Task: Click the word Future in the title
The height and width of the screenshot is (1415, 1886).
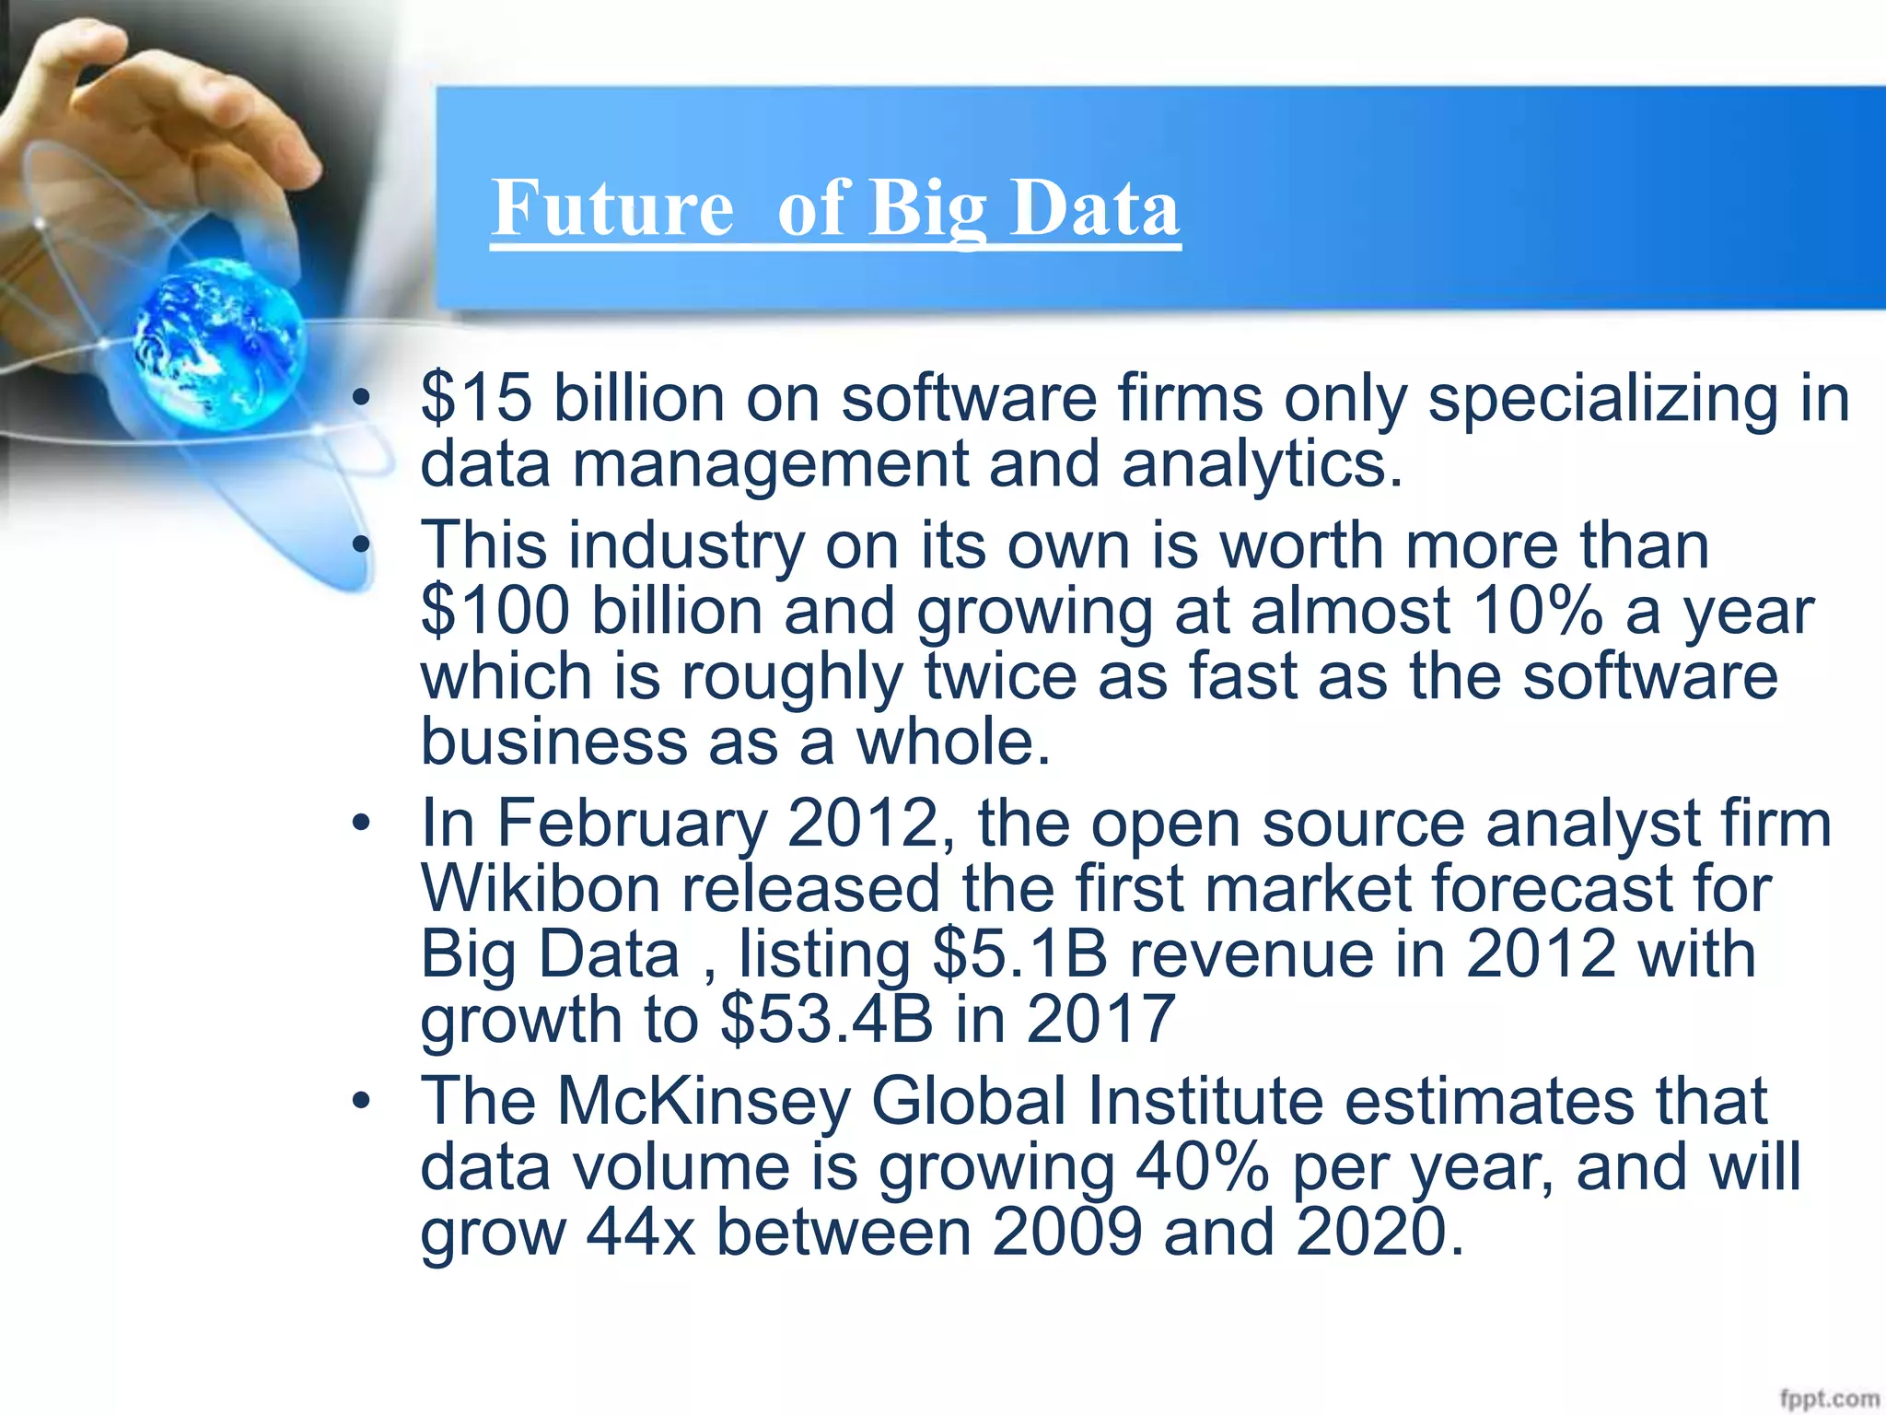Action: click(x=612, y=208)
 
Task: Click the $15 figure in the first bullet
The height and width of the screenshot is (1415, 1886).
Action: click(x=476, y=399)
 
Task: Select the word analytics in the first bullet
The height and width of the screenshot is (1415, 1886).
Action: click(x=1261, y=464)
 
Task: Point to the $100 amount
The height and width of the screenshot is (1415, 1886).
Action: click(x=495, y=611)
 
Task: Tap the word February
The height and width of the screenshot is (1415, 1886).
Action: click(x=632, y=823)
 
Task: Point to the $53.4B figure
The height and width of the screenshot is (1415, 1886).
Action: click(x=826, y=1019)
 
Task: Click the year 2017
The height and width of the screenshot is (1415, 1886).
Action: click(x=1100, y=1019)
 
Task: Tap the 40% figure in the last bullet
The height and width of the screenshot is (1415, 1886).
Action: click(x=1203, y=1166)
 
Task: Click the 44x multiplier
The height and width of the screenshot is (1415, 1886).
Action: click(x=640, y=1232)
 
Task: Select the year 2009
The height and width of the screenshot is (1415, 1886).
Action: click(x=1067, y=1232)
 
